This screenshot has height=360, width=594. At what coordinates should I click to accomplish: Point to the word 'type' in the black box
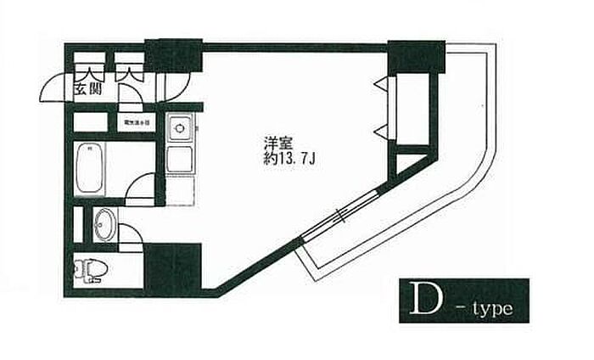pyautogui.click(x=491, y=306)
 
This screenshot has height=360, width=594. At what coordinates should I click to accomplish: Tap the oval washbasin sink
pyautogui.click(x=104, y=224)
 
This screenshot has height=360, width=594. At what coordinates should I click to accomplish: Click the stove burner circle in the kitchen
pyautogui.click(x=179, y=129)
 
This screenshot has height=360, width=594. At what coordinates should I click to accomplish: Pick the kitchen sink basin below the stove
pyautogui.click(x=179, y=159)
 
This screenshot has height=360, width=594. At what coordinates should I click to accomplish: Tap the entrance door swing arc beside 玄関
pyautogui.click(x=56, y=87)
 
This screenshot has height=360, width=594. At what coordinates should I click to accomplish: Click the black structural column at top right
pyautogui.click(x=417, y=57)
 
